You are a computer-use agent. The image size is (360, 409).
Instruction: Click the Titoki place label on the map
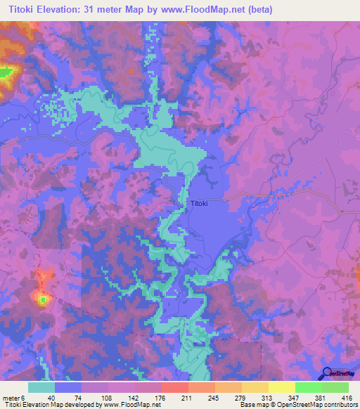click(198, 204)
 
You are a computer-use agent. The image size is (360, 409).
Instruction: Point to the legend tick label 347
click(295, 397)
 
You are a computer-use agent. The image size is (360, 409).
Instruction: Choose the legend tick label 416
click(347, 397)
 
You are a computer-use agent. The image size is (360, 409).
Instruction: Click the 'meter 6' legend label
click(13, 397)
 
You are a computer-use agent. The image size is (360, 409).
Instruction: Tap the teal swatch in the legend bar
click(41, 387)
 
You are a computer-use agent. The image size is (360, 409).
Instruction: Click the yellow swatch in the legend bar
click(281, 387)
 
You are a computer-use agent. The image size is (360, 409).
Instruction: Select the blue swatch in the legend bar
click(68, 387)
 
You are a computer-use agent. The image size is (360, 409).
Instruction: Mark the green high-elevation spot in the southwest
click(43, 300)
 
